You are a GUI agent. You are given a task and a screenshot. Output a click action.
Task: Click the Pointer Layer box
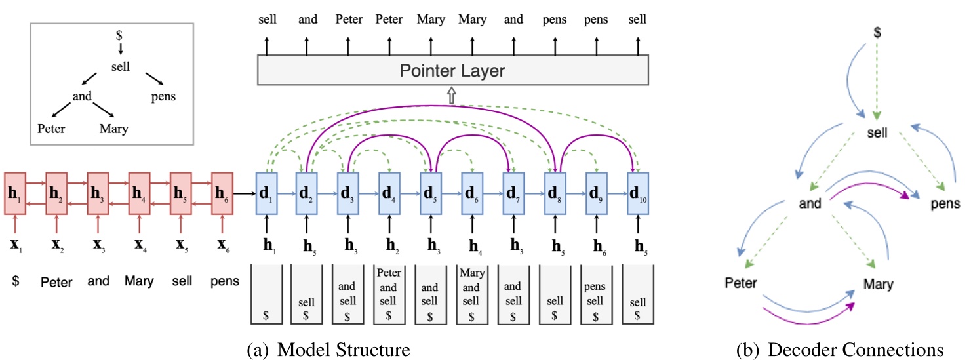point(453,70)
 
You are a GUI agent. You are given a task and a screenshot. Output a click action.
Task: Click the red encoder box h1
point(15,192)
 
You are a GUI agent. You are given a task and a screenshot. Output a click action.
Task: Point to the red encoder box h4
point(140,192)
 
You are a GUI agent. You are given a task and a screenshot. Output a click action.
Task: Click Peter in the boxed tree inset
point(51,128)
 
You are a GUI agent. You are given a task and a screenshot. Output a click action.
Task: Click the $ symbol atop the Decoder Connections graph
point(877,31)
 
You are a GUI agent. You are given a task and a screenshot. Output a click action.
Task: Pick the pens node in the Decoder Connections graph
point(945,204)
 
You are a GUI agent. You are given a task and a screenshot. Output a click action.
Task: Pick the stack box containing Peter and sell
point(389,293)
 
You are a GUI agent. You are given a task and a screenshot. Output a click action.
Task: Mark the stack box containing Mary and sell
point(471,293)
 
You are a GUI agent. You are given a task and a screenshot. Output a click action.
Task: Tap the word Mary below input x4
point(139,281)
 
